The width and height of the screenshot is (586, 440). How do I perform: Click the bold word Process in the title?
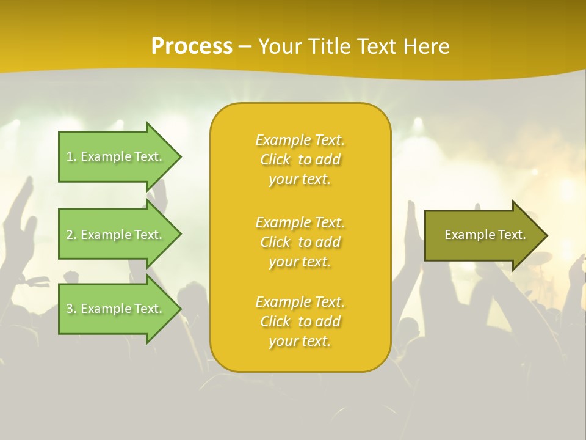coord(192,46)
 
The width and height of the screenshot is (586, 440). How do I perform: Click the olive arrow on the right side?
coord(482,235)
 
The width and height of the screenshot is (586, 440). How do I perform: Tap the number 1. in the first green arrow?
coord(71,156)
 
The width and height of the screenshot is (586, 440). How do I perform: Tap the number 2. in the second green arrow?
coord(71,235)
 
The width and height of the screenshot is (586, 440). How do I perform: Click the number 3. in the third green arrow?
coord(71,309)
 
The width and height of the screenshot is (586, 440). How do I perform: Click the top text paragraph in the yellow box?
coord(300,159)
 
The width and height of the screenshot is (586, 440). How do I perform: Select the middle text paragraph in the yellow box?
coord(300,242)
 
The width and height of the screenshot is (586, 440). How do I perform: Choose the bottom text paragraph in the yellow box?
coord(300,321)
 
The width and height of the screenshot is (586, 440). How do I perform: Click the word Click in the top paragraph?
coord(275,160)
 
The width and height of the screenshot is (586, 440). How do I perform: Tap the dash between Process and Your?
coord(245,46)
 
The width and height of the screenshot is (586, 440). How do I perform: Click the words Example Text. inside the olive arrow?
coord(485,235)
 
